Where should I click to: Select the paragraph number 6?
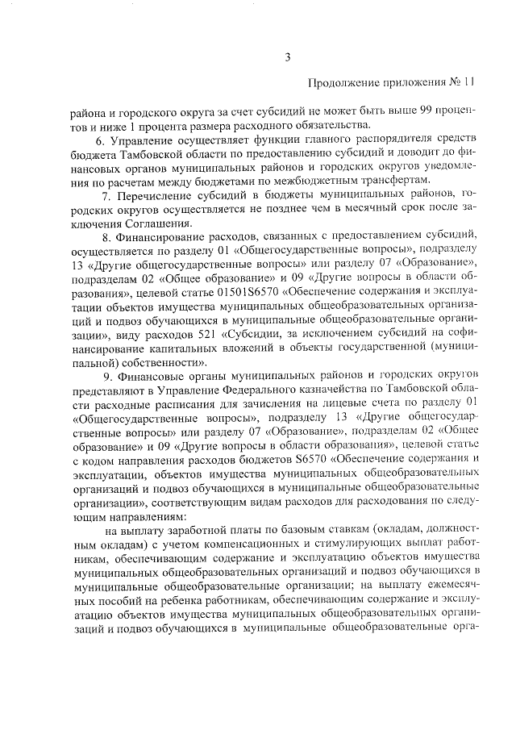(x=99, y=140)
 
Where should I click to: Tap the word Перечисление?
(x=155, y=195)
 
